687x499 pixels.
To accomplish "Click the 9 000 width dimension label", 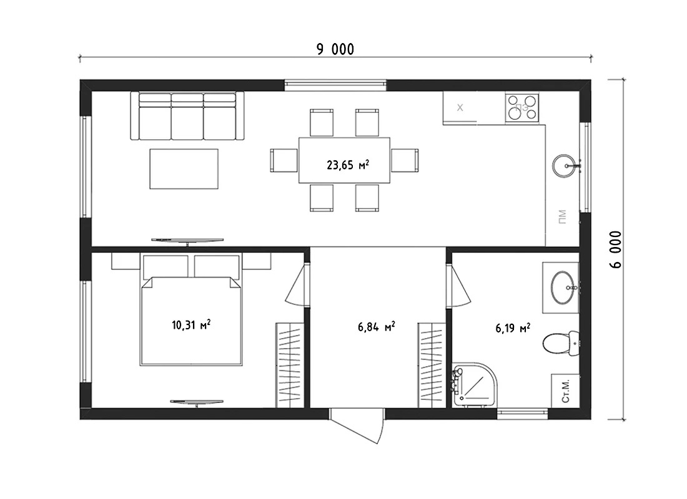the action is (335, 49).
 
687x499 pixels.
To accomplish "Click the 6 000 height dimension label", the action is (616, 249).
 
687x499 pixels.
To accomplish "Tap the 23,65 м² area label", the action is (348, 165).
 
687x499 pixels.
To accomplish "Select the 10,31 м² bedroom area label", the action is (191, 325).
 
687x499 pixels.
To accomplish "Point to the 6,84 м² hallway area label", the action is (377, 327).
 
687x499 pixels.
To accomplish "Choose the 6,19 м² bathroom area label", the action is (513, 328).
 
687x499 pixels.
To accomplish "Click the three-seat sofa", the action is (187, 116).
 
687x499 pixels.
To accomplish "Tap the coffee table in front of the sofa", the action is (184, 169).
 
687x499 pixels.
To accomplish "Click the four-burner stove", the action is (522, 108).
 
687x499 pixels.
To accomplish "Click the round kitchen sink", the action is (565, 166).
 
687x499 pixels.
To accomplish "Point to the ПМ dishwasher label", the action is (563, 216).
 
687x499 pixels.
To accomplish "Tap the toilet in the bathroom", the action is (561, 343).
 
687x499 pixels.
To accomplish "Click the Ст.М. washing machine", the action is (565, 391).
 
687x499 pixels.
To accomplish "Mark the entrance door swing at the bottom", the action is (358, 425).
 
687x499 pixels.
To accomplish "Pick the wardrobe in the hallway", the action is (432, 365).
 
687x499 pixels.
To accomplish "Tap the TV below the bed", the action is (197, 402).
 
